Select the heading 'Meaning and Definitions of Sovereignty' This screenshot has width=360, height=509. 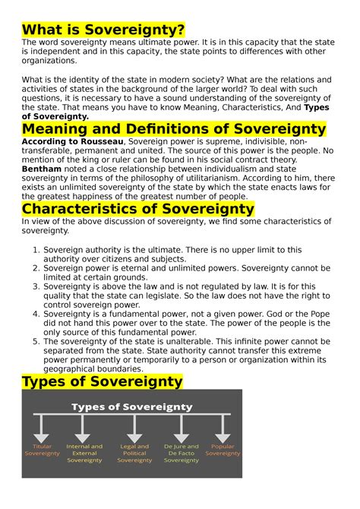pyautogui.click(x=174, y=130)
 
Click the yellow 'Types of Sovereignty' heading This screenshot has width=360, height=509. pyautogui.click(x=103, y=381)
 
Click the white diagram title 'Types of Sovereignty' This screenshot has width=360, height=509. pyautogui.click(x=131, y=406)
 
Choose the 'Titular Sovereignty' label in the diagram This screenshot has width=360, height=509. pyautogui.click(x=42, y=450)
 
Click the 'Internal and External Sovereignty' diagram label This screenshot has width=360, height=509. pyautogui.click(x=84, y=453)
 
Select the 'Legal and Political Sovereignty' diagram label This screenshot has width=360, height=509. pyautogui.click(x=134, y=453)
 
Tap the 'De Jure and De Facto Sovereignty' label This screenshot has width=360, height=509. pyautogui.click(x=181, y=453)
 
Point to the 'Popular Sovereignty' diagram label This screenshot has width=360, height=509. pyautogui.click(x=223, y=450)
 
